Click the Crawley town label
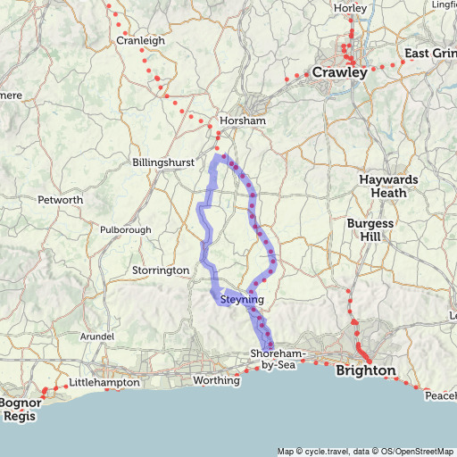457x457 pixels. [x=339, y=73]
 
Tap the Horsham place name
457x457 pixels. [x=243, y=120]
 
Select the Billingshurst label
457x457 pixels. [x=162, y=163]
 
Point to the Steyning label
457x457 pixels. [x=241, y=301]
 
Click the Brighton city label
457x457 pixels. [x=365, y=370]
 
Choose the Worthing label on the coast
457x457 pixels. [x=218, y=381]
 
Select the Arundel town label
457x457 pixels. [x=98, y=337]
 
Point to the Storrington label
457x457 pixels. [x=162, y=270]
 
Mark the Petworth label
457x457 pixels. [x=61, y=200]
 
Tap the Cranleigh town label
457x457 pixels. [x=141, y=40]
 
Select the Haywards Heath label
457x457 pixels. [x=388, y=186]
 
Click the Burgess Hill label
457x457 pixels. [x=370, y=231]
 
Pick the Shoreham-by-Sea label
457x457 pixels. [x=279, y=359]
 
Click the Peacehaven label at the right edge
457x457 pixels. [x=440, y=395]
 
